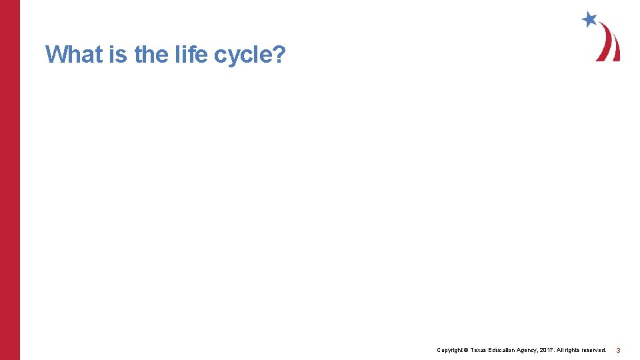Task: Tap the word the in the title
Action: [x=151, y=54]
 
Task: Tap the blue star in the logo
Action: [x=589, y=19]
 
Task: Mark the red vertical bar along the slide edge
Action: [x=10, y=180]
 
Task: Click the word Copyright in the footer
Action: [x=449, y=350]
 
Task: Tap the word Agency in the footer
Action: [x=532, y=350]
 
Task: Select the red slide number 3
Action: [x=618, y=351]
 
